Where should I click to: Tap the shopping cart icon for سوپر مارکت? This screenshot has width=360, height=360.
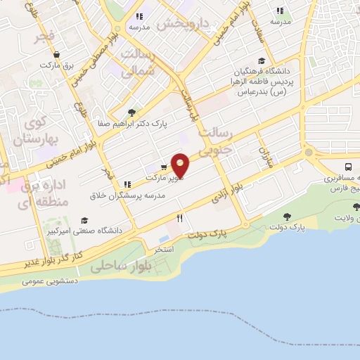tap(164, 167)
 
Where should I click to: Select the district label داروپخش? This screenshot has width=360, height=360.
tap(183, 23)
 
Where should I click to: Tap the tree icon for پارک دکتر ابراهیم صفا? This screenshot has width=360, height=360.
tap(131, 112)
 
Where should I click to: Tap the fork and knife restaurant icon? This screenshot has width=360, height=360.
tap(180, 219)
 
